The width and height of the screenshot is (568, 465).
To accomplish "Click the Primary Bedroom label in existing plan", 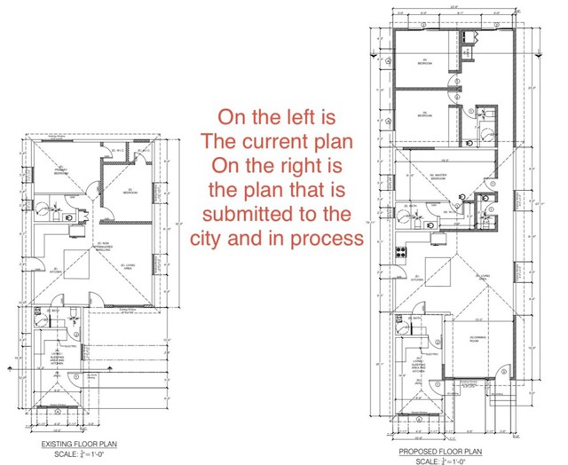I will pyautogui.click(x=61, y=171).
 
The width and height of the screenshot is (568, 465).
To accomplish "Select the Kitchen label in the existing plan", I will pyautogui.click(x=55, y=270).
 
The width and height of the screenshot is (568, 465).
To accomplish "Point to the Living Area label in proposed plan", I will pyautogui.click(x=485, y=277).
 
